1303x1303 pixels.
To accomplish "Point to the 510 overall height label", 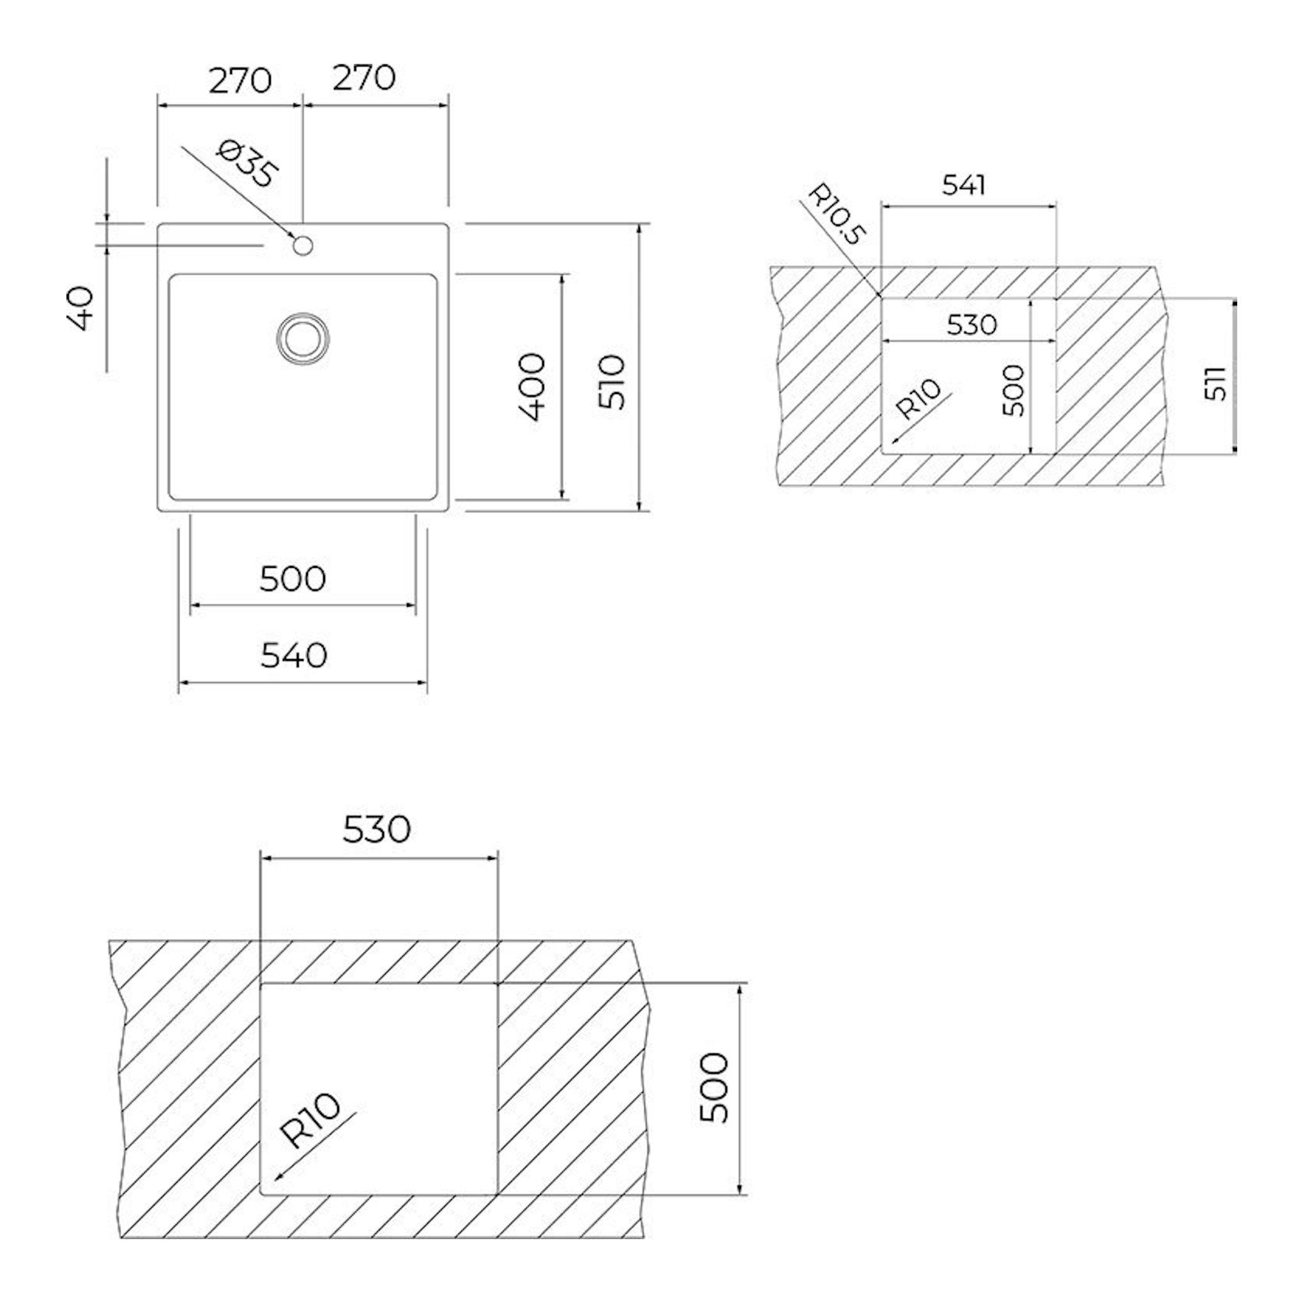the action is click(613, 383).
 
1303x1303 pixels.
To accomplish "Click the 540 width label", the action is click(294, 655).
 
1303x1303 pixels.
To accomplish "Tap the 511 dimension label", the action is click(1215, 383).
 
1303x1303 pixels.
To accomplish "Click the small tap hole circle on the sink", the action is click(303, 245).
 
